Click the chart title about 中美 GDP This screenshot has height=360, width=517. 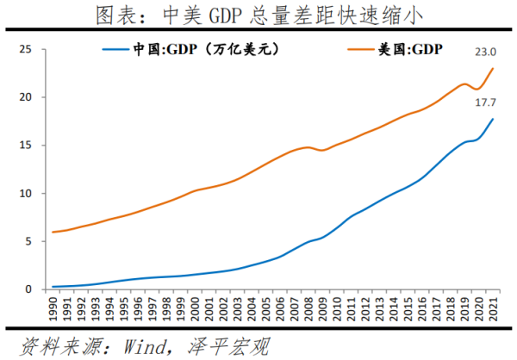click(258, 15)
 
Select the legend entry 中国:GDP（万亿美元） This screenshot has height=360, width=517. click(190, 50)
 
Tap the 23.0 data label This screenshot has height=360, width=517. click(488, 53)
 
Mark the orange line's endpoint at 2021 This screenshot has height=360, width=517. click(492, 68)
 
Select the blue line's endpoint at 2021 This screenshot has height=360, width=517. click(492, 119)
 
